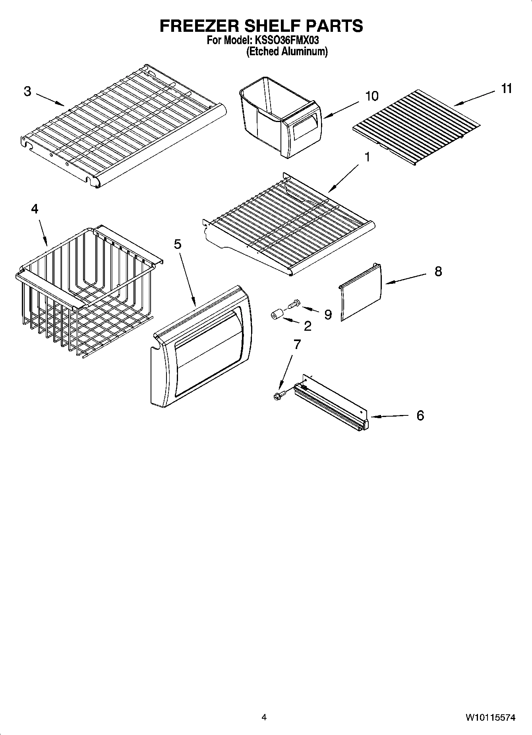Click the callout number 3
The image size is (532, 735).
click(x=27, y=91)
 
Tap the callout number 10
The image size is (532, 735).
click(x=371, y=96)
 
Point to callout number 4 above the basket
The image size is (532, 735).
click(x=35, y=209)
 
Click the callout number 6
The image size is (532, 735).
click(x=420, y=416)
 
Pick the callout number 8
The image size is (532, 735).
click(x=438, y=272)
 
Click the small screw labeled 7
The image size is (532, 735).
click(x=277, y=396)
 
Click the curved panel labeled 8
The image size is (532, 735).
click(x=361, y=292)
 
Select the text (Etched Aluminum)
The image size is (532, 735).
click(x=287, y=51)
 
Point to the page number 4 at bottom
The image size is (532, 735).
click(x=264, y=718)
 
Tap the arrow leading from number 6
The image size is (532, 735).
click(x=389, y=417)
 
